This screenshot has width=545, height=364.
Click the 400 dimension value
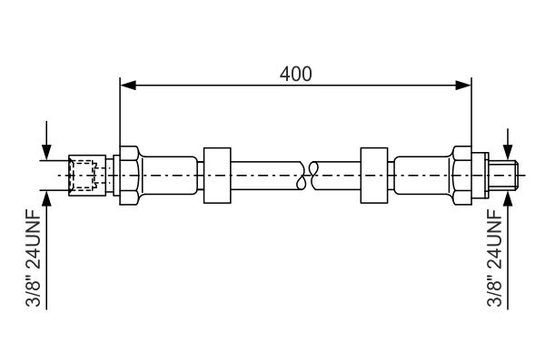point(296,74)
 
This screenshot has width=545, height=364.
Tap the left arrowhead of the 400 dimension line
point(127,85)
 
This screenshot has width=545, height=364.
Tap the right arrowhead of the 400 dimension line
point(463,85)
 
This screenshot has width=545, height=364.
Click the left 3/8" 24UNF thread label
point(34,258)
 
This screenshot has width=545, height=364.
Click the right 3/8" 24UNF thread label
point(495,258)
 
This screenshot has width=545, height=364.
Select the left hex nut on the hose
point(129,176)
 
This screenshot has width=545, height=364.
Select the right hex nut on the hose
point(462,176)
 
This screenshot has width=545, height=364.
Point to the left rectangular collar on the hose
point(217,176)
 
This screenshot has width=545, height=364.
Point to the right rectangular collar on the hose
point(374,176)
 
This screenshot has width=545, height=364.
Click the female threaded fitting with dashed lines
point(87,176)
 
